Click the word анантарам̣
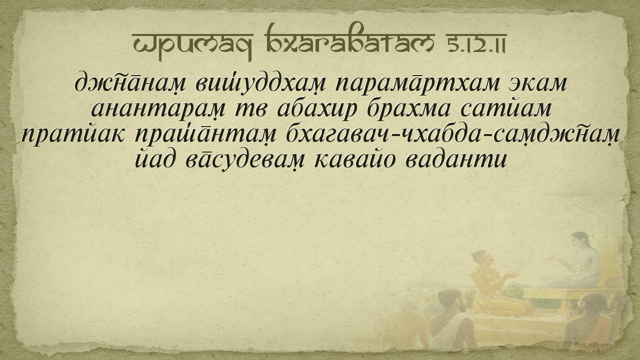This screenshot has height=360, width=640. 158,109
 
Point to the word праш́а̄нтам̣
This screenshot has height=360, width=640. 205,134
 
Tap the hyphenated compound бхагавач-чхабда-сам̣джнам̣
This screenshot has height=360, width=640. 453,134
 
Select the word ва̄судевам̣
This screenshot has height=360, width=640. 245,160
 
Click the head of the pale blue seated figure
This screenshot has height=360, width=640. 580,242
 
